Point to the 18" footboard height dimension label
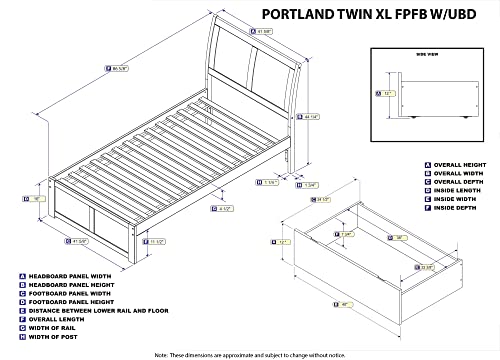tap(36, 199)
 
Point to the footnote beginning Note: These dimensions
tap(250, 354)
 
